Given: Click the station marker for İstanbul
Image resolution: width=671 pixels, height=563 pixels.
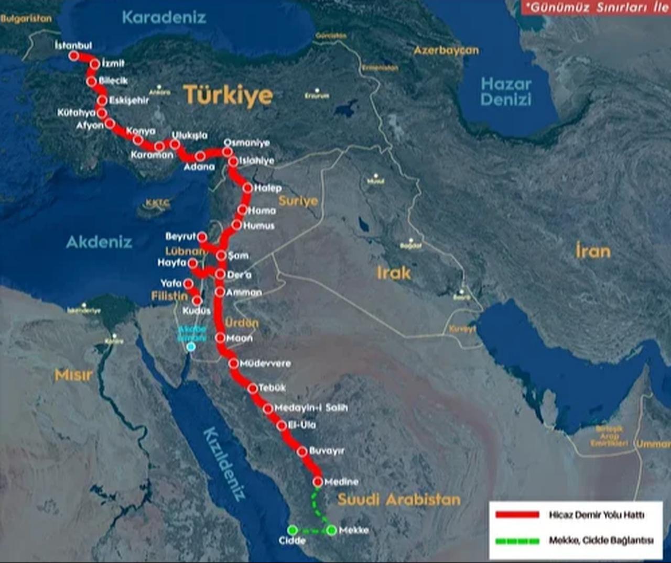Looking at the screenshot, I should (x=74, y=56).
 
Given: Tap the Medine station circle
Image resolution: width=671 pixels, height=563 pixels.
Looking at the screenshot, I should (x=318, y=481).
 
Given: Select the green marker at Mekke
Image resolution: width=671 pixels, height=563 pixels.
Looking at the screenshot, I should (x=331, y=531).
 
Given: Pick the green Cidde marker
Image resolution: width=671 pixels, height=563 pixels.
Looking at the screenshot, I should (x=293, y=530).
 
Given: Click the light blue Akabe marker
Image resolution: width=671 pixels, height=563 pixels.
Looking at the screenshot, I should (x=191, y=346).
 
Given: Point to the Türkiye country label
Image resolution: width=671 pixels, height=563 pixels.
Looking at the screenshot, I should (x=228, y=95).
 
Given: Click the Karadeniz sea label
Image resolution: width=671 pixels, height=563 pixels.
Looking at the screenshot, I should (x=164, y=17).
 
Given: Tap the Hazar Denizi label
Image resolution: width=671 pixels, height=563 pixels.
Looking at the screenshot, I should (x=506, y=92).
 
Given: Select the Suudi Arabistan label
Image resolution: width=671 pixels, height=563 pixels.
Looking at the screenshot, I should (x=398, y=499).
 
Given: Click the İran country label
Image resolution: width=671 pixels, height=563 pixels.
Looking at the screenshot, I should (x=593, y=251).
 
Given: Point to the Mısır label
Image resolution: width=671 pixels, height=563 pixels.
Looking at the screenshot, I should (x=73, y=375).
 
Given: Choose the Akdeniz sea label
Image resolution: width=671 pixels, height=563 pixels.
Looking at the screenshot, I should (x=99, y=242).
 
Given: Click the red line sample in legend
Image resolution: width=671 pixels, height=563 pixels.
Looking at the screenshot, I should (x=517, y=515).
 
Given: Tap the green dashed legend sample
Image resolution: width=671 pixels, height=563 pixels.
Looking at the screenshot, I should (x=517, y=540).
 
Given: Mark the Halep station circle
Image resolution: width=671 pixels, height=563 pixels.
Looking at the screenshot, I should (x=248, y=187).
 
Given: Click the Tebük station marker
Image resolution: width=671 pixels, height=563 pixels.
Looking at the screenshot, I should (x=253, y=388).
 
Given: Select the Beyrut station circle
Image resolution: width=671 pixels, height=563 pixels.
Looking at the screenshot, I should (x=203, y=237).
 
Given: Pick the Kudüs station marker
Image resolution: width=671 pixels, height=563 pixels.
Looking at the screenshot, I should (x=197, y=301).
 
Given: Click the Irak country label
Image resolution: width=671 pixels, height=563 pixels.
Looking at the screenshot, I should (x=393, y=273).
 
